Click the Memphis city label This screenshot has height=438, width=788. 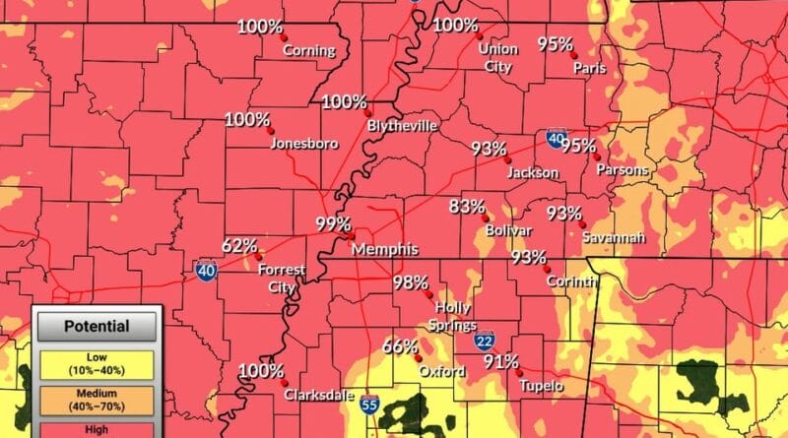[385, 249]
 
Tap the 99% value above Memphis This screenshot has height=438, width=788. [333, 223]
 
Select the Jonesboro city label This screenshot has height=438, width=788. [304, 144]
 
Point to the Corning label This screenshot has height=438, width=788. [309, 51]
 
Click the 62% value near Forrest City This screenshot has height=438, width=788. [239, 245]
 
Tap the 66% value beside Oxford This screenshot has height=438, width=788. [400, 346]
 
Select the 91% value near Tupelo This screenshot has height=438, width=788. [500, 361]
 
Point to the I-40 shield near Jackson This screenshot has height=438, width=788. [556, 141]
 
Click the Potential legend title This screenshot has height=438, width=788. [97, 326]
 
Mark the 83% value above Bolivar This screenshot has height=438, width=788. [466, 207]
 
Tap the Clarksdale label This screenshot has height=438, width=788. [319, 395]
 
